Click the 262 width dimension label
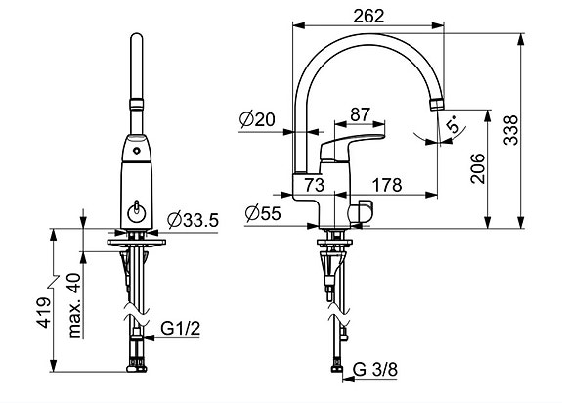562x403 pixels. click(x=368, y=16)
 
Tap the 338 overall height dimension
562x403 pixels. click(x=511, y=130)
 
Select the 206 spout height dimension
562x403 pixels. click(x=478, y=168)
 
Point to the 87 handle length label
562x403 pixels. click(x=360, y=114)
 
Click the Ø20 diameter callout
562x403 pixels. click(x=257, y=119)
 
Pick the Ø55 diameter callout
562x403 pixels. click(x=263, y=213)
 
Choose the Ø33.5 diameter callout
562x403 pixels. click(x=193, y=220)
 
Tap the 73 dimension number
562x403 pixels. click(x=315, y=185)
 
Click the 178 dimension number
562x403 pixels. click(x=387, y=185)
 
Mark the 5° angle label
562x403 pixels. click(x=453, y=124)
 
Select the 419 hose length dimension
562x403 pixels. click(x=44, y=312)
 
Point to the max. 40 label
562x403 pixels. click(x=74, y=305)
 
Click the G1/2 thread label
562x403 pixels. click(x=180, y=328)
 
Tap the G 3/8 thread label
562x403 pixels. click(x=375, y=370)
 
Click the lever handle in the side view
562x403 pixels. click(x=350, y=147)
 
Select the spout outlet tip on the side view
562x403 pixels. click(x=436, y=105)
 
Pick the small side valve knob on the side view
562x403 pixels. click(x=362, y=212)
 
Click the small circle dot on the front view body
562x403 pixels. click(x=136, y=151)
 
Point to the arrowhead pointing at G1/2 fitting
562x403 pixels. click(x=149, y=337)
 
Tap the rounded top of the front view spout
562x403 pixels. click(x=137, y=36)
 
